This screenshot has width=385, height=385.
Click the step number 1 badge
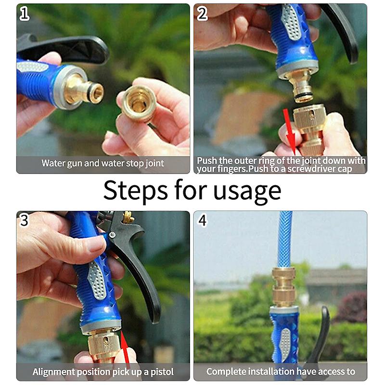coord(24,14)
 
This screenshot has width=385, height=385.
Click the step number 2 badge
coord(203,14)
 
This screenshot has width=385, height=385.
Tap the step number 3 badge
coord(24,220)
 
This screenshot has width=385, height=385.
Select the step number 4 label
coord(203,220)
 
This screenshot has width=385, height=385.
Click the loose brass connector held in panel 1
coord(138,103)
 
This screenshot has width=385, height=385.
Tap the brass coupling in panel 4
coord(285,286)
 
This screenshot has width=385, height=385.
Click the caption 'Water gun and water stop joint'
coord(103,163)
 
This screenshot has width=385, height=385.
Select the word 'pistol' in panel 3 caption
coord(161,372)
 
